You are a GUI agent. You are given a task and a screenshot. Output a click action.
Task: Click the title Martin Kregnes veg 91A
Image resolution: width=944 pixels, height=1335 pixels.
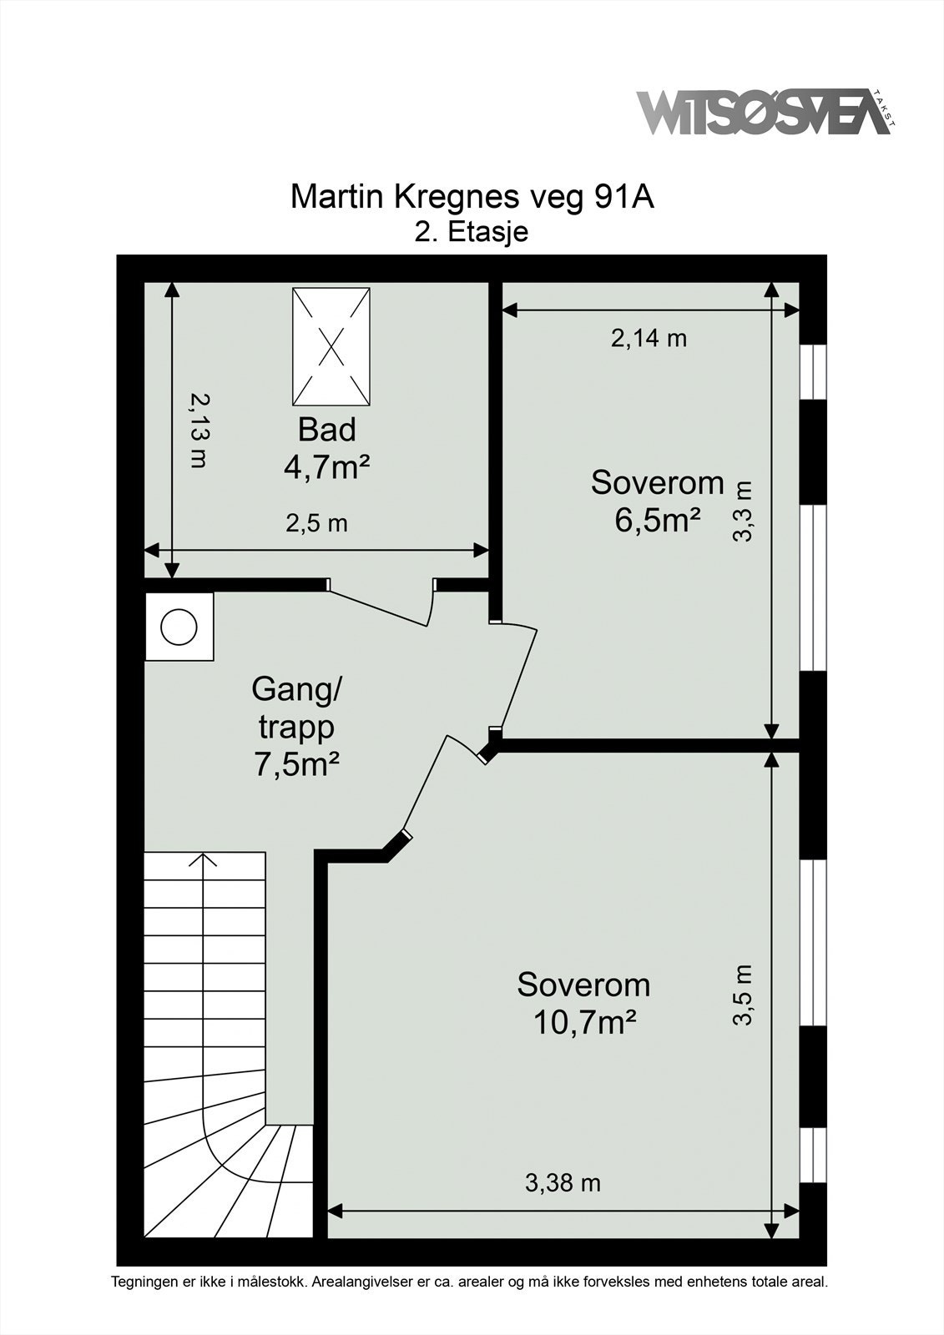(472, 197)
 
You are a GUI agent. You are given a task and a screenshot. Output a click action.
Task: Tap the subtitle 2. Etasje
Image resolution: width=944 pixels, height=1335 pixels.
(472, 231)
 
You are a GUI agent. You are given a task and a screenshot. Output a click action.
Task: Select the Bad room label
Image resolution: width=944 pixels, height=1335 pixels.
(327, 430)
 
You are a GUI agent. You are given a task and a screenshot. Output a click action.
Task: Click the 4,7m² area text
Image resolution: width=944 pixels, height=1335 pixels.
(327, 467)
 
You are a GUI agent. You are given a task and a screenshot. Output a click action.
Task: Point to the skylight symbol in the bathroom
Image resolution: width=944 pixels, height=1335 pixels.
(331, 345)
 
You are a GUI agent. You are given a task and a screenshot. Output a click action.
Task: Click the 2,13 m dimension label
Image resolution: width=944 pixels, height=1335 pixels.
(197, 430)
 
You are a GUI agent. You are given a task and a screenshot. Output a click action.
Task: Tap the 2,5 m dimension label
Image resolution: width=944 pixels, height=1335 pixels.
(316, 524)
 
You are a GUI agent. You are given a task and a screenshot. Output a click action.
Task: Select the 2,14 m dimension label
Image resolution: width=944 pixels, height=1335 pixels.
(649, 338)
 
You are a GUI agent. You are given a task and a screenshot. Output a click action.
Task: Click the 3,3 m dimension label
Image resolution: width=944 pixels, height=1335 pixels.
(743, 511)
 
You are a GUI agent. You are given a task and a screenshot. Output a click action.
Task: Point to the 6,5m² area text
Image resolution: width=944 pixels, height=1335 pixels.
(657, 520)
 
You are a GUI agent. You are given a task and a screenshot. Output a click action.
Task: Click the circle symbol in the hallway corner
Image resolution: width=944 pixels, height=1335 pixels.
(179, 627)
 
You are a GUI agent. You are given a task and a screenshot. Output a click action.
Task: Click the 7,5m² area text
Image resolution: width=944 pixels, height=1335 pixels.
(297, 764)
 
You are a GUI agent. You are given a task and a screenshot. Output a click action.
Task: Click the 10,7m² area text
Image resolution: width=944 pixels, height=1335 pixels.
(585, 1022)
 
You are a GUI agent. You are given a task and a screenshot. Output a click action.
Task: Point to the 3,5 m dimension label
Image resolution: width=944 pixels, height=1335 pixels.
(743, 995)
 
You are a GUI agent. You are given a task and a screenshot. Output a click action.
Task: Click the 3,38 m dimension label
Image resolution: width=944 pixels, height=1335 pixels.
(563, 1182)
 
